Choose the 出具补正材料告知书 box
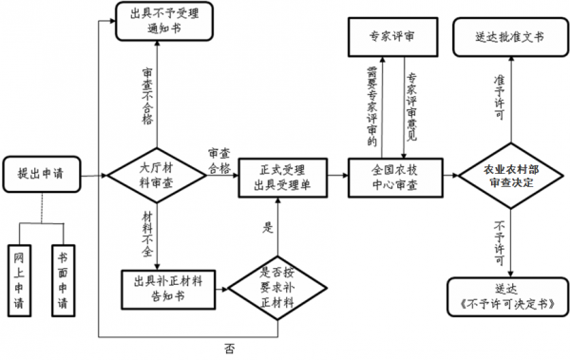[x=168, y=287]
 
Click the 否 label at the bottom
[x=229, y=348]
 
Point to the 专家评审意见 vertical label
[x=410, y=104]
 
